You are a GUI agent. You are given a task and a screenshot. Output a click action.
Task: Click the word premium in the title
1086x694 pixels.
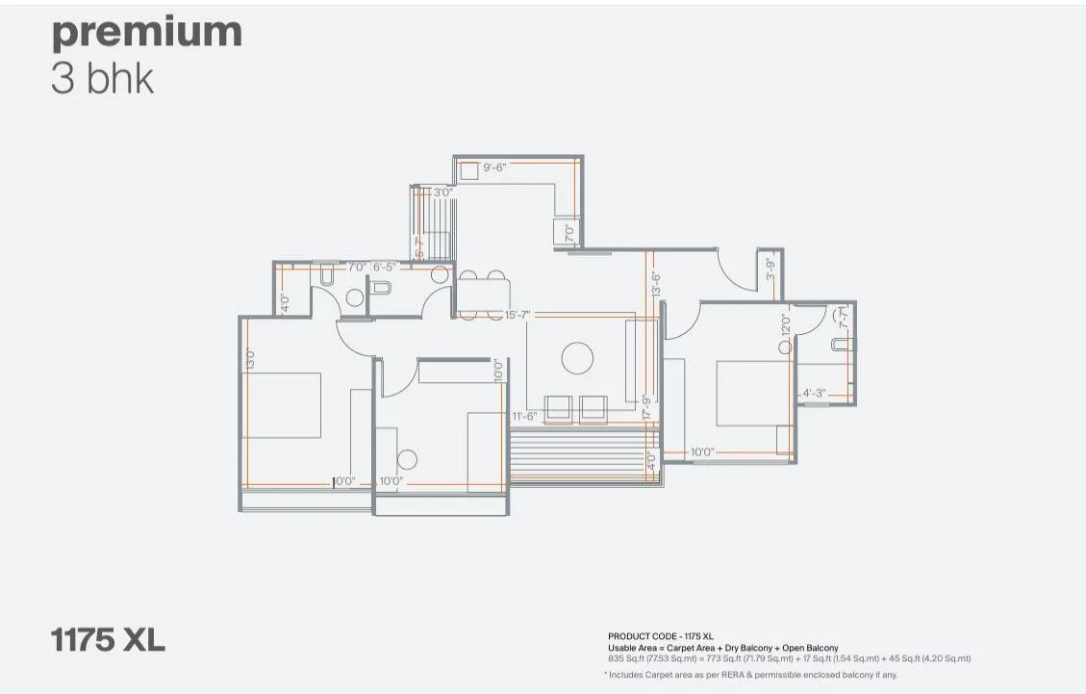146,33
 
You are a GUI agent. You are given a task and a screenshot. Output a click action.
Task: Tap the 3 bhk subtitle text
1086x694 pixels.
102,79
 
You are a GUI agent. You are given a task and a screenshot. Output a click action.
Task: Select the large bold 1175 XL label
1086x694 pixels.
108,639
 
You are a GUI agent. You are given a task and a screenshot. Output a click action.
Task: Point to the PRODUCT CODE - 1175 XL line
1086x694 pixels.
660,636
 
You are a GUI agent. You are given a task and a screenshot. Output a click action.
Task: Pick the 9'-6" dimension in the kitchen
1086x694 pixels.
500,167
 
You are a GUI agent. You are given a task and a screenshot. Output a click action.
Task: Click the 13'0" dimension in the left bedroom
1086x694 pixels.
248,358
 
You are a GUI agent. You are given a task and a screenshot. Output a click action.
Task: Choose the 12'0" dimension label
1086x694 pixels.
785,325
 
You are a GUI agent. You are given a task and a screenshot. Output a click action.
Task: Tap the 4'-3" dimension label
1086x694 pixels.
814,392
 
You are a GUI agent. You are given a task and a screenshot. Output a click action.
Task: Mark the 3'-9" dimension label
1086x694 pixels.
770,269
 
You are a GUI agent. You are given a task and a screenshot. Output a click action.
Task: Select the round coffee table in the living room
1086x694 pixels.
578,357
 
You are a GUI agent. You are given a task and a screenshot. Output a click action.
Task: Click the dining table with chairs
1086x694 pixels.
483,296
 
